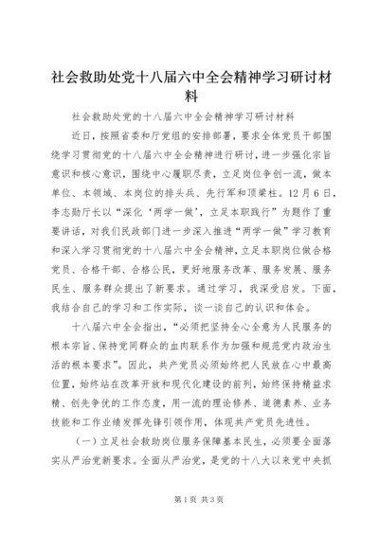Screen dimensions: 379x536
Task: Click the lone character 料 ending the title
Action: pyautogui.click(x=189, y=96)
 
